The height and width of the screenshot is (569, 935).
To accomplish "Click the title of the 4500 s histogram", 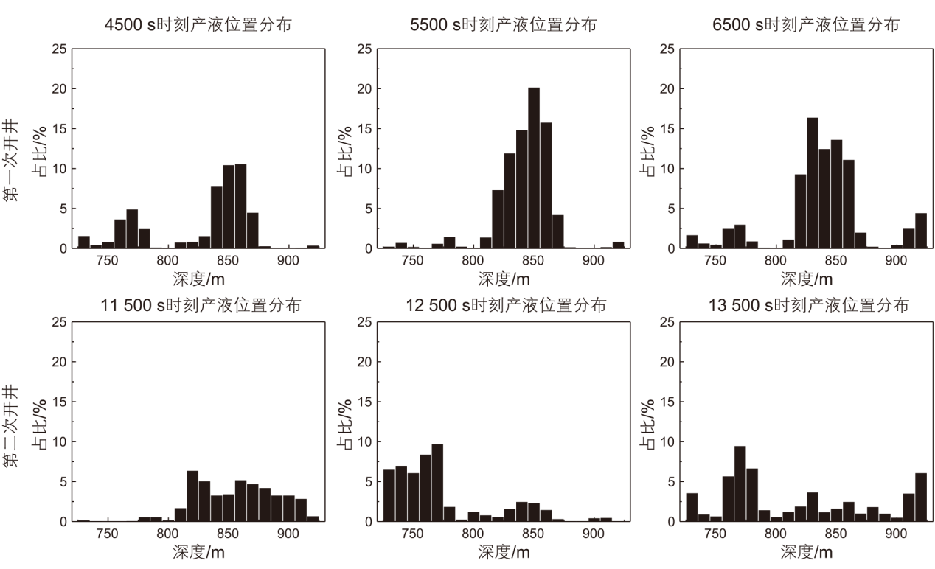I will pyautogui.click(x=198, y=24).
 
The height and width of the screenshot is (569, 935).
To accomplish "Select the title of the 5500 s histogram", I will pyautogui.click(x=504, y=24).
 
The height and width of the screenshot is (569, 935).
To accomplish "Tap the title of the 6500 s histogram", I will pyautogui.click(x=806, y=24).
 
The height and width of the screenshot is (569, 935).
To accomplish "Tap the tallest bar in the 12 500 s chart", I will pyautogui.click(x=437, y=482).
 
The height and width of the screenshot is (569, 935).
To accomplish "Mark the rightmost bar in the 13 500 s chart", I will pyautogui.click(x=920, y=497).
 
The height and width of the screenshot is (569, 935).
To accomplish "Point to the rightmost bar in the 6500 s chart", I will pyautogui.click(x=920, y=231).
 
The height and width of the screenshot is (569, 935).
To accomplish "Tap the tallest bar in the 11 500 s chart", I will pyautogui.click(x=192, y=495).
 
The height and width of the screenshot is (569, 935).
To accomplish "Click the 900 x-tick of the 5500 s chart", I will pyautogui.click(x=593, y=260).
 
